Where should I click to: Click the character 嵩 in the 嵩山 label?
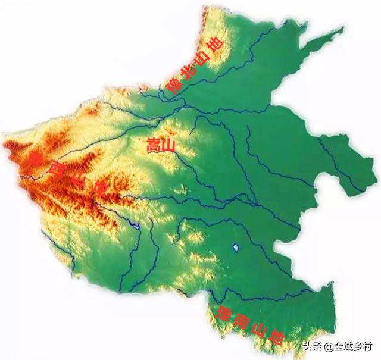(152, 146)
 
